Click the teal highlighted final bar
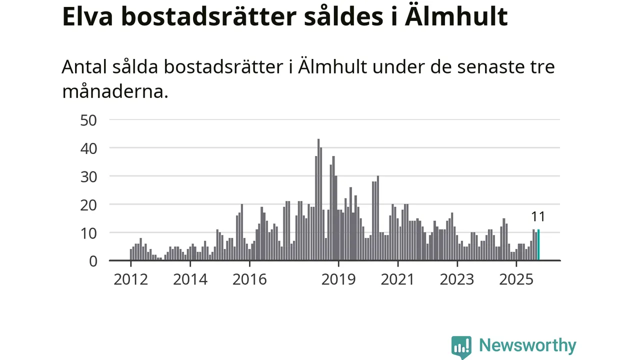click(x=538, y=245)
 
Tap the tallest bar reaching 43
click(x=318, y=200)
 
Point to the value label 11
click(x=538, y=216)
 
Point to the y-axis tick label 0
click(x=93, y=260)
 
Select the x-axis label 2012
click(x=130, y=279)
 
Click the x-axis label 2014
click(x=190, y=279)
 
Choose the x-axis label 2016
click(x=249, y=279)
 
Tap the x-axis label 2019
click(x=338, y=279)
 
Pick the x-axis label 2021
click(x=397, y=279)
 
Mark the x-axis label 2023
click(x=457, y=279)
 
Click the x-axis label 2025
click(x=516, y=279)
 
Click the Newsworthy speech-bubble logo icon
click(x=461, y=346)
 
